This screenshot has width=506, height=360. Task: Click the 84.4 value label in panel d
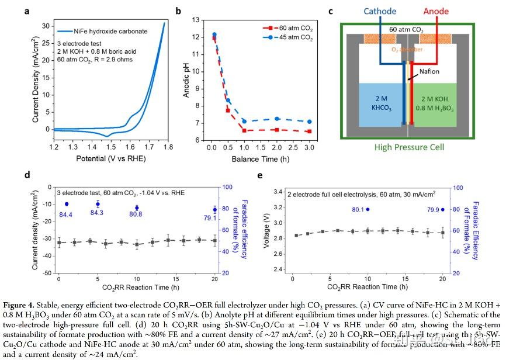point(65,214)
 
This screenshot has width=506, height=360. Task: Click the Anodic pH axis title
point(186,79)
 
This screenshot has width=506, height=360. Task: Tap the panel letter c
point(331,11)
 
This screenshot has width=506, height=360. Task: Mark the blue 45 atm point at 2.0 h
point(278,119)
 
